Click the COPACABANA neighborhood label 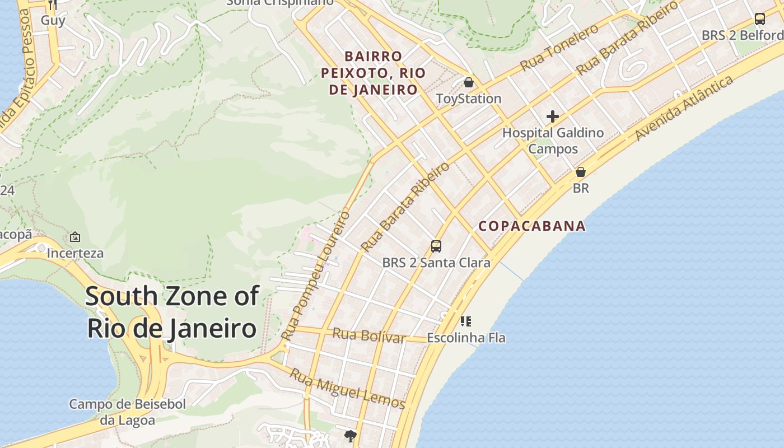click(531, 226)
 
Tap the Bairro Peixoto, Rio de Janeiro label click(373, 73)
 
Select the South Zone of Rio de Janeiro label click(172, 312)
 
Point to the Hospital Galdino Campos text click(553, 141)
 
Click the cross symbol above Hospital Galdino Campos click(553, 116)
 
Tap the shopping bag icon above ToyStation click(469, 83)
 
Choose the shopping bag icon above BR click(581, 172)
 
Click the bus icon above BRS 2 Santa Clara click(436, 246)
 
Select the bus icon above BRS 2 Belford click(759, 19)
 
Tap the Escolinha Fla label click(466, 338)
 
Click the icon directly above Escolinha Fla click(465, 321)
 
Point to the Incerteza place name click(75, 253)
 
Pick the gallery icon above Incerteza click(75, 237)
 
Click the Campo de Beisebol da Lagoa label click(127, 412)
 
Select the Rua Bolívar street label click(368, 336)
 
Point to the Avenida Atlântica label click(684, 108)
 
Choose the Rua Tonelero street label click(559, 48)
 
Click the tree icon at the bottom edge click(351, 436)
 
